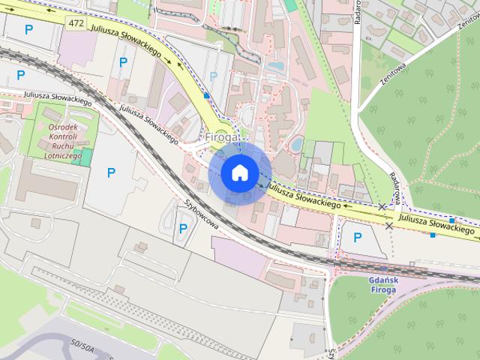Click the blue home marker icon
(238, 172)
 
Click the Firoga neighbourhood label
(222, 138)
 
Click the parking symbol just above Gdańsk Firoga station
(357, 238)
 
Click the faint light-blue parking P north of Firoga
(213, 76)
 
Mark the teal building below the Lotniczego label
(86, 157)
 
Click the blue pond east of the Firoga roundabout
(297, 143)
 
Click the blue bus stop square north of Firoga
(206, 96)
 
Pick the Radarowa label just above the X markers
(395, 184)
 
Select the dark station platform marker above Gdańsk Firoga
(383, 268)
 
